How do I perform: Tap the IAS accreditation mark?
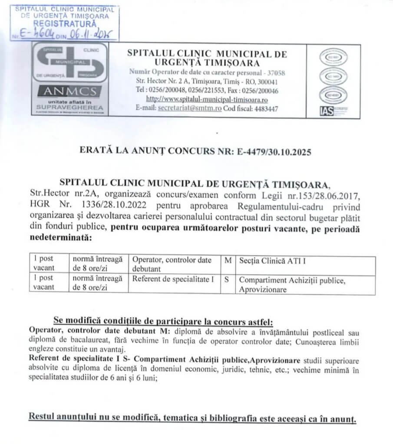click(x=326, y=111)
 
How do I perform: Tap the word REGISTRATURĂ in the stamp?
click(x=65, y=23)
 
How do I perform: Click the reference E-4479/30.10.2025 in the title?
click(x=274, y=152)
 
